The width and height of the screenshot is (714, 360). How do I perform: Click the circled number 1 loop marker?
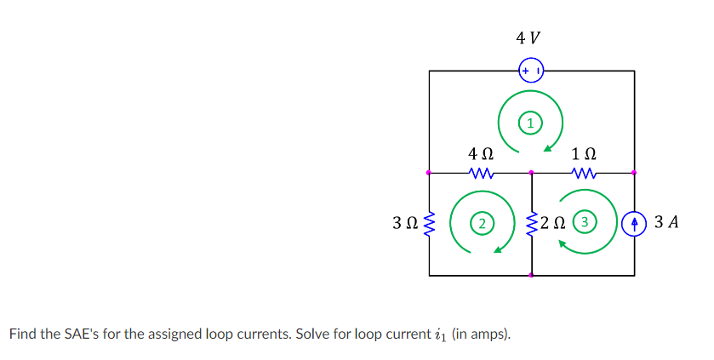pos(531,123)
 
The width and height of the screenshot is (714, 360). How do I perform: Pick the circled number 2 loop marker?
pos(482,224)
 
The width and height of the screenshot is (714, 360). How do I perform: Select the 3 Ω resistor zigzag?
pos(430,224)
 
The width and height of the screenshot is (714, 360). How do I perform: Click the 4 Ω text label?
pos(481,155)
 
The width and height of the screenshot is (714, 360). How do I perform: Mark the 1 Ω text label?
pos(584,155)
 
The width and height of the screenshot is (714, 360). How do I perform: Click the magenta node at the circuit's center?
pos(532,173)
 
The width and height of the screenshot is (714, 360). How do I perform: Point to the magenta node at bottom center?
pos(532,276)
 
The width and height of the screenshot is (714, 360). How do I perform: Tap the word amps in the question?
pos(489,334)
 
